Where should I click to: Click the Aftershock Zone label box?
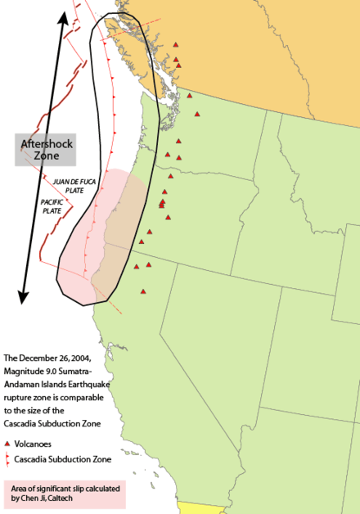click(45, 149)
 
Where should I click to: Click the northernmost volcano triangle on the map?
click(174, 46)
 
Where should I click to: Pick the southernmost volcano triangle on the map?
click(142, 292)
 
